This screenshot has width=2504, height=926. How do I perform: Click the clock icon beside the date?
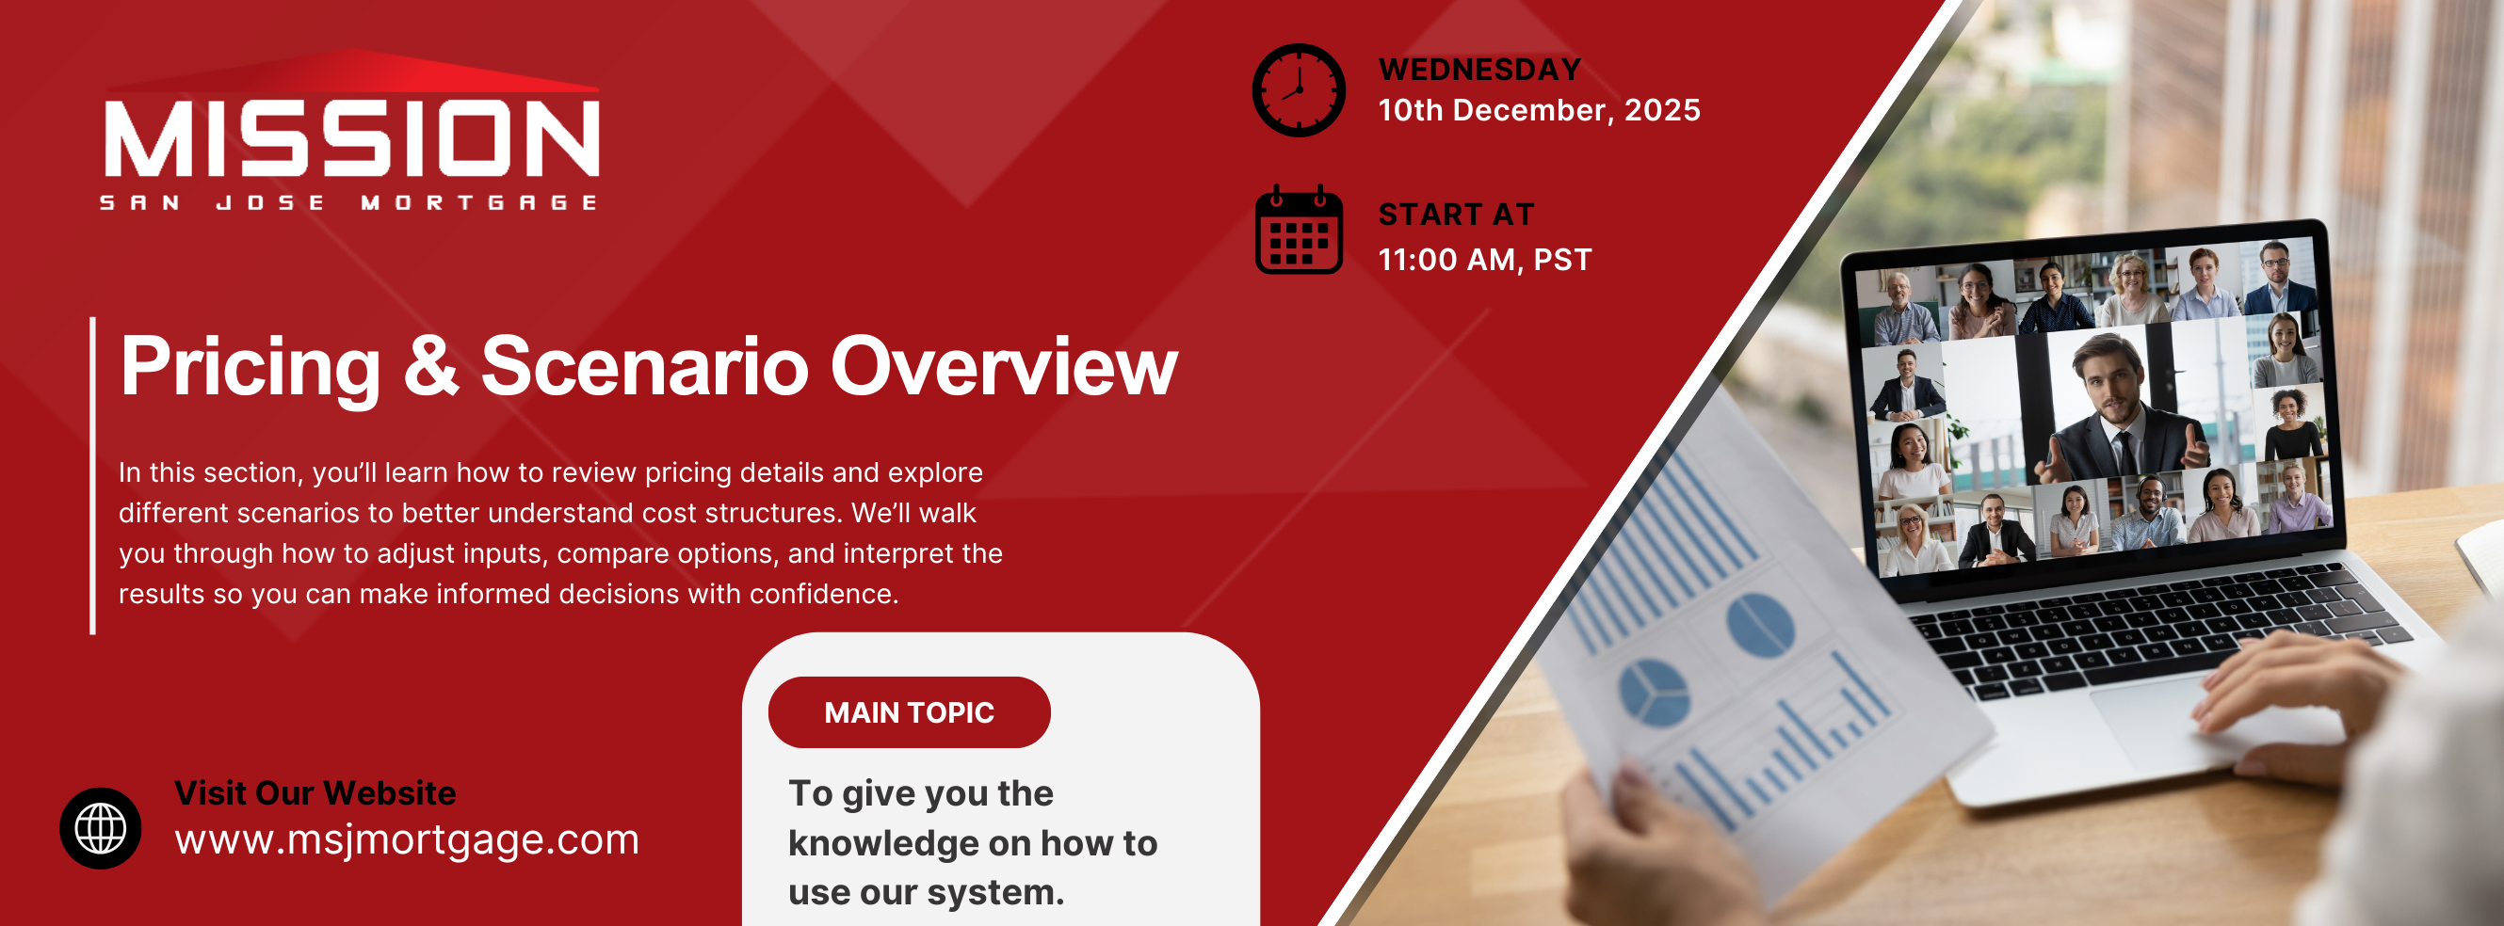(x=1299, y=90)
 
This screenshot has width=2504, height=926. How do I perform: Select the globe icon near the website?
(x=100, y=828)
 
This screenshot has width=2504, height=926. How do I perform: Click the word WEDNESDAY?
(x=1479, y=69)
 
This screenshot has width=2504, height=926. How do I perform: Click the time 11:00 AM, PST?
(x=1484, y=260)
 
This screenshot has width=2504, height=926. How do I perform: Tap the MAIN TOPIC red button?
(x=909, y=712)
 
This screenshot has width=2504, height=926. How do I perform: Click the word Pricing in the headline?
(x=250, y=368)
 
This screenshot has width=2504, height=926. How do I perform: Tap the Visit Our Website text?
(x=315, y=793)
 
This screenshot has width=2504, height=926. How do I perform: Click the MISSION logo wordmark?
(x=352, y=138)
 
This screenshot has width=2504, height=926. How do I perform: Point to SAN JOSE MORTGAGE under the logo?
(x=348, y=202)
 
